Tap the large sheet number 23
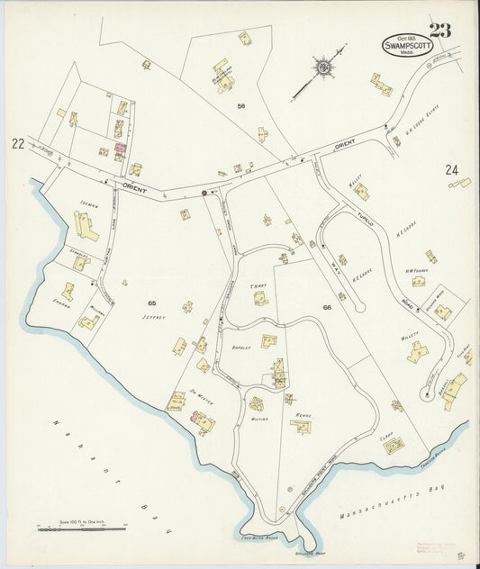(x=440, y=30)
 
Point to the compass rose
(x=322, y=68)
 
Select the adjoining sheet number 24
(x=451, y=169)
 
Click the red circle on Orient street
(x=204, y=192)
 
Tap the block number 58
(x=241, y=106)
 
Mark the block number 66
(x=328, y=309)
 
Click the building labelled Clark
(x=394, y=445)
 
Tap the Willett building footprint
(x=417, y=352)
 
